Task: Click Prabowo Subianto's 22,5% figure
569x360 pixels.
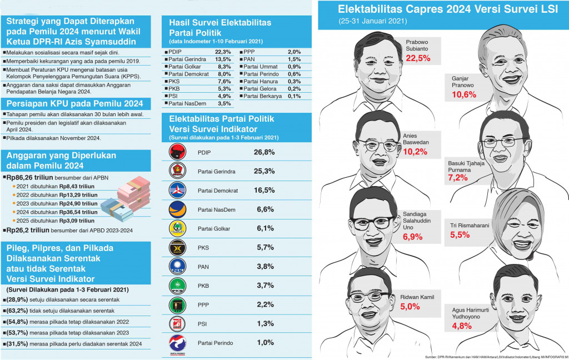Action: pyautogui.click(x=419, y=58)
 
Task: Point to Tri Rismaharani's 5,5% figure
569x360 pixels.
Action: pyautogui.click(x=460, y=234)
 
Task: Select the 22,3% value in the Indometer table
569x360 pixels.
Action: pyautogui.click(x=222, y=52)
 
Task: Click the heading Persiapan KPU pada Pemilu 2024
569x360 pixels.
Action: pyautogui.click(x=74, y=104)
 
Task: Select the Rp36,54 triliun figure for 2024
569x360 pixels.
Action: pyautogui.click(x=81, y=212)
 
